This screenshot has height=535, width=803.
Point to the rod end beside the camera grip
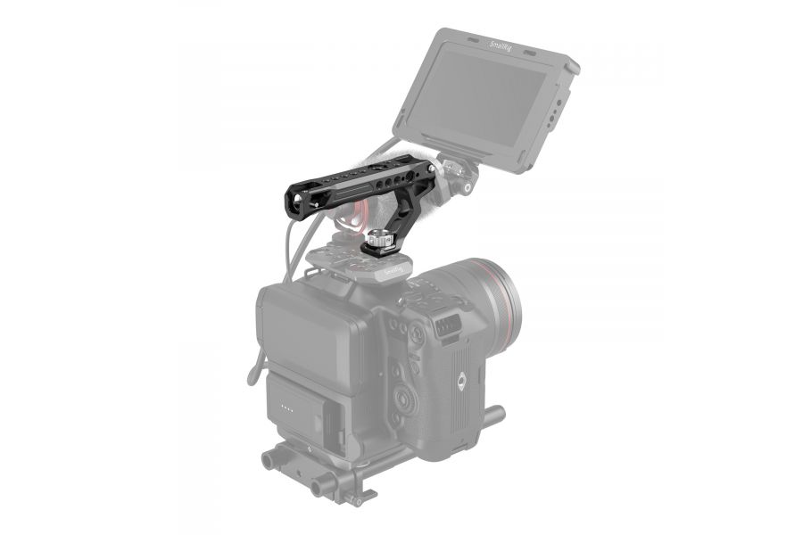click(x=496, y=415)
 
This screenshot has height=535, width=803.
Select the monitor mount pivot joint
click(x=464, y=174)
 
